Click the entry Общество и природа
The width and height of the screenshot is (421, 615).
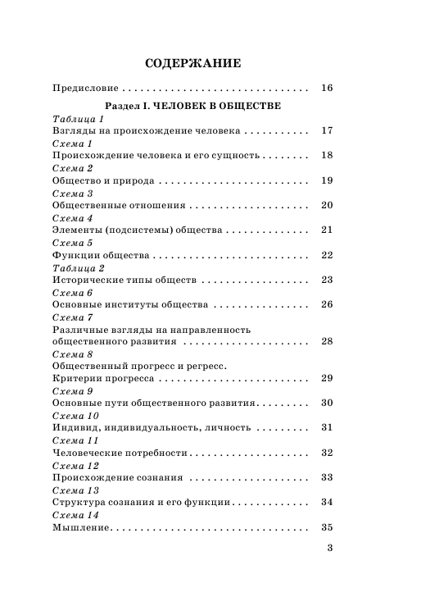[x=102, y=180]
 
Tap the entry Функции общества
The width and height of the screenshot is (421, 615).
[x=100, y=255]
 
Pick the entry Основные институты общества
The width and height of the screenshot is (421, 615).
[x=129, y=305]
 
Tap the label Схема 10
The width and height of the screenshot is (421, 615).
[x=75, y=415]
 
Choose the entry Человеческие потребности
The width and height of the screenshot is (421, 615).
[x=120, y=453]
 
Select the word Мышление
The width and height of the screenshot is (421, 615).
[x=80, y=527]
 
